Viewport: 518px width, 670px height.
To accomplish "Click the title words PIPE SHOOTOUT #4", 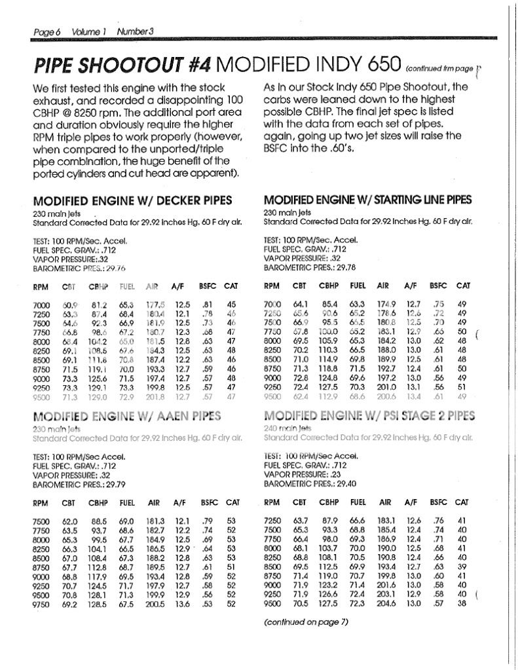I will click(122, 65).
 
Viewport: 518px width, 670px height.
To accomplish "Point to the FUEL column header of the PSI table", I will click(358, 502).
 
